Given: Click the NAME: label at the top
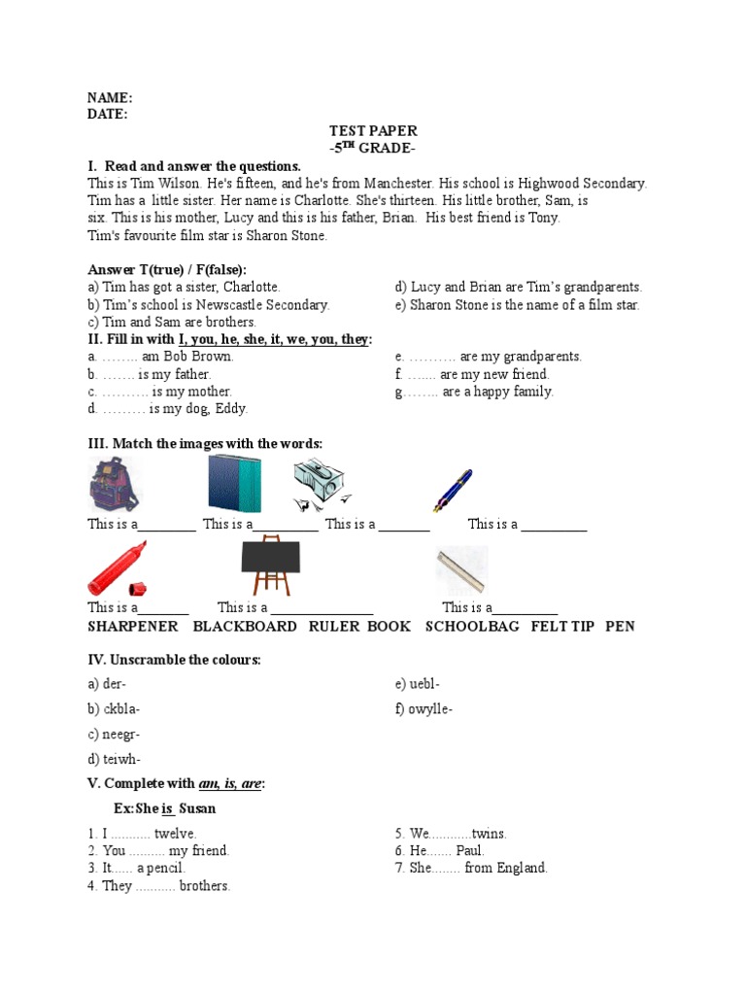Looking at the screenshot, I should (110, 98).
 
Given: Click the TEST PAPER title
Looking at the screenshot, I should (373, 131).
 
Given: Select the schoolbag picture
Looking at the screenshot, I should (115, 485).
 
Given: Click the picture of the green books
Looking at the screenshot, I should (234, 484).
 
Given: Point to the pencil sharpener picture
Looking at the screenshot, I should (323, 483).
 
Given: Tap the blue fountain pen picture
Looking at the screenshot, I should (453, 490).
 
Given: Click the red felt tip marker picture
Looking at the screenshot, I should (116, 570).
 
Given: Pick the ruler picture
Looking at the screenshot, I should (461, 570).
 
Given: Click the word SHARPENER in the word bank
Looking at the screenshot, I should (133, 627).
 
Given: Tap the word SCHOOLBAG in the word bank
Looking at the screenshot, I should (472, 627).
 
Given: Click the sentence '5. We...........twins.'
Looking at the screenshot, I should (451, 834).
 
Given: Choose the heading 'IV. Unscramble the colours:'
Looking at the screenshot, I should (174, 661).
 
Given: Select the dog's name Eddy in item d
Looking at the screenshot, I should (230, 409).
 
